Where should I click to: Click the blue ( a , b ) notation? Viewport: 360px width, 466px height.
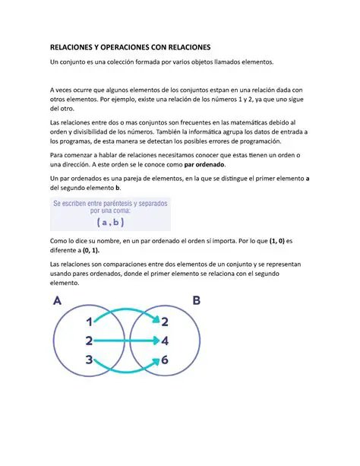(x=110, y=223)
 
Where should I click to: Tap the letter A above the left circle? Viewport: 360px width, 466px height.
(x=58, y=300)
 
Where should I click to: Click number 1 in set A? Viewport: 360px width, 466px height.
(x=90, y=322)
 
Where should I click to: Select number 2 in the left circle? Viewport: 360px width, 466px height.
(x=89, y=341)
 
